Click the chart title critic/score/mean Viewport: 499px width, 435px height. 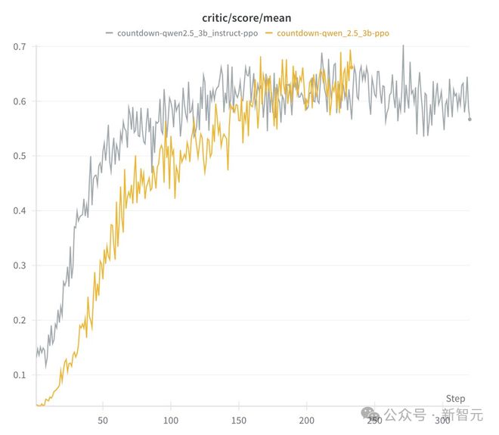(247, 17)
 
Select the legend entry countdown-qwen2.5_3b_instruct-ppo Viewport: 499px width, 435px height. (187, 33)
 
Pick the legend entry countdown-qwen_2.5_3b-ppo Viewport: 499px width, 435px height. (333, 33)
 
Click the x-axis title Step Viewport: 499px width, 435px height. (455, 399)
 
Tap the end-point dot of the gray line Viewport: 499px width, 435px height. (470, 119)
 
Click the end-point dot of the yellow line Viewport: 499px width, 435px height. (352, 67)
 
